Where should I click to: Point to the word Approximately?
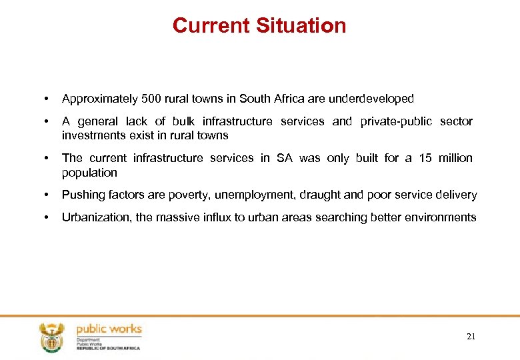click(x=99, y=99)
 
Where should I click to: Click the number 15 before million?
click(x=425, y=158)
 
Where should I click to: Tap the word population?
click(x=89, y=173)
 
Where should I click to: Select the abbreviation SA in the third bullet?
click(x=285, y=158)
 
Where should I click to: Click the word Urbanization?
click(x=96, y=217)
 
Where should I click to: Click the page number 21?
click(x=471, y=337)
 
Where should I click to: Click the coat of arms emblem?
click(x=51, y=337)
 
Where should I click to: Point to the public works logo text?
click(x=109, y=329)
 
